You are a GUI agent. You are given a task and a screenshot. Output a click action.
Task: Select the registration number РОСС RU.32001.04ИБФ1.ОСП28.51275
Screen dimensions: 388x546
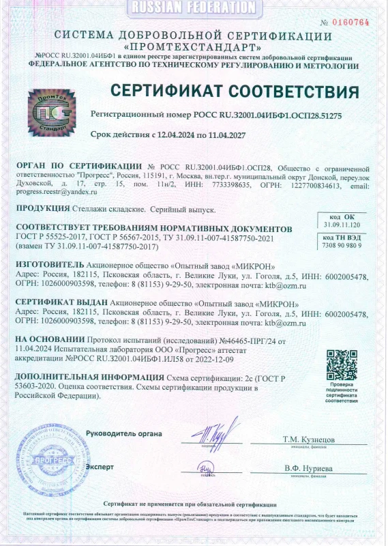click(278, 116)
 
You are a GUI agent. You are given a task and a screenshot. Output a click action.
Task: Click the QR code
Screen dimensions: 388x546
click(342, 364)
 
